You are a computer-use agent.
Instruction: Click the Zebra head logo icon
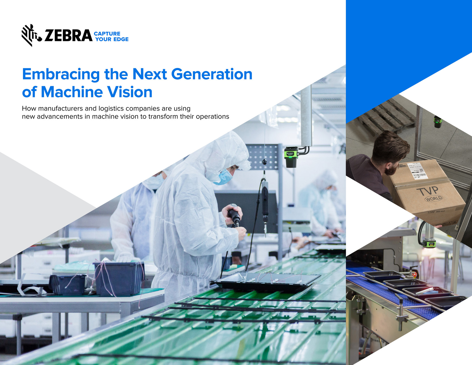[x=31, y=35]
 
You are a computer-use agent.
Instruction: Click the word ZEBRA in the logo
[x=68, y=36]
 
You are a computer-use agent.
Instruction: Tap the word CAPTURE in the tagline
[x=107, y=34]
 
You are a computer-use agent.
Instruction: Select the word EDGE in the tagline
[x=121, y=39]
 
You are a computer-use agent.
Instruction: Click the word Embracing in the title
[x=61, y=75]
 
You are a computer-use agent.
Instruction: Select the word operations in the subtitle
[x=212, y=117]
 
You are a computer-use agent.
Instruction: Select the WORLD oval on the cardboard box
[x=433, y=199]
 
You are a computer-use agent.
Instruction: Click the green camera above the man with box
[x=438, y=121]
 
